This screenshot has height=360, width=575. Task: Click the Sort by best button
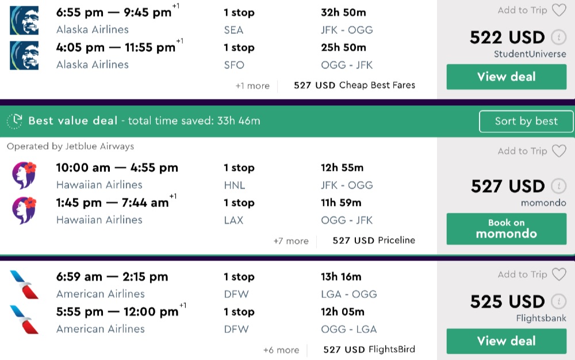click(526, 121)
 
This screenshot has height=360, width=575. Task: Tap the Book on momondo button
click(506, 228)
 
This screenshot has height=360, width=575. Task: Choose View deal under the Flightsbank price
click(506, 341)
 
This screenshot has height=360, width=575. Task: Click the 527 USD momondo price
click(507, 186)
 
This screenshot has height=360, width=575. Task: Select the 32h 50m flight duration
click(343, 13)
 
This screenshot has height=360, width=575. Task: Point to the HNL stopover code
click(234, 185)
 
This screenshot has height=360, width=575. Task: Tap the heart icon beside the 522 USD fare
click(559, 10)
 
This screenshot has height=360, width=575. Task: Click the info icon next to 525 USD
click(558, 301)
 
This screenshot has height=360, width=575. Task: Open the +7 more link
click(291, 241)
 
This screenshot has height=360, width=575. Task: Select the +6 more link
click(281, 350)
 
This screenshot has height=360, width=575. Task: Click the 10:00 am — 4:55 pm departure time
click(117, 168)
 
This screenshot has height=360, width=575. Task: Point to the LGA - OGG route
click(349, 294)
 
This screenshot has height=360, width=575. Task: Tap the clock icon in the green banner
click(14, 121)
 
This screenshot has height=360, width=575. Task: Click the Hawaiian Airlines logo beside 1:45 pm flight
click(24, 210)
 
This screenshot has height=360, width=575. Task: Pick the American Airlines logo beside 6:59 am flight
click(24, 285)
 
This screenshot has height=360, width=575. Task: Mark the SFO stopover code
click(234, 65)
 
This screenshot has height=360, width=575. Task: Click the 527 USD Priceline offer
click(374, 240)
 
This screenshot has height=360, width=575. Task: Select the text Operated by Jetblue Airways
click(70, 147)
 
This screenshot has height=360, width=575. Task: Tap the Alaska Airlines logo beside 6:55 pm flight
click(24, 20)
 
